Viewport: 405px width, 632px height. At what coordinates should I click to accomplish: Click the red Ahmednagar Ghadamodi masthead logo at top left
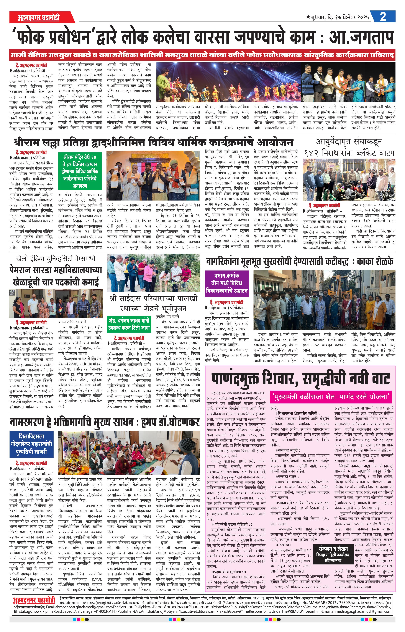coord(39,18)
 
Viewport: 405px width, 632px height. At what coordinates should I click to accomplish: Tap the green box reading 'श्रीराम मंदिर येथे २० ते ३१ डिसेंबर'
coord(80,171)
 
